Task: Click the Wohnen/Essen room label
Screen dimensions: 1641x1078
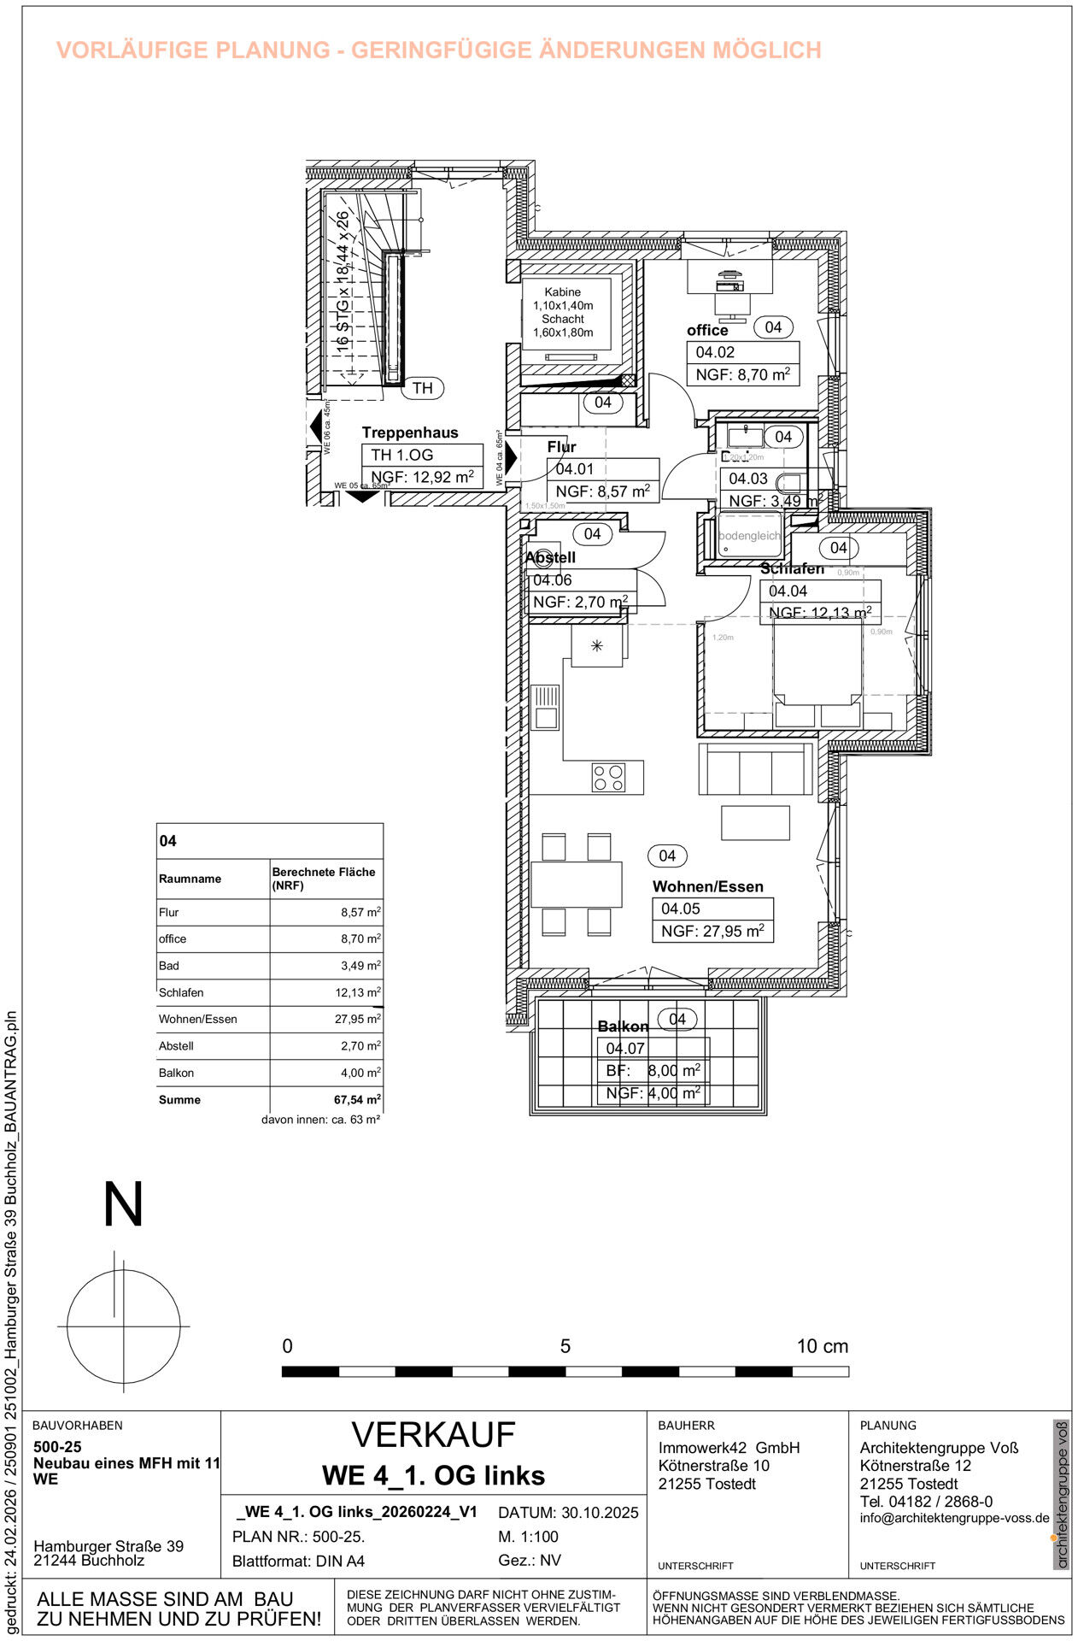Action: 707,886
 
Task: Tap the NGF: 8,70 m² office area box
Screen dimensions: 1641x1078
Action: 742,374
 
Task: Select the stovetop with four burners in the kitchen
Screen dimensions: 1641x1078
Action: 608,777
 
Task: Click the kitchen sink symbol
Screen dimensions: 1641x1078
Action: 546,706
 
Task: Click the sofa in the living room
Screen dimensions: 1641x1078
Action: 755,769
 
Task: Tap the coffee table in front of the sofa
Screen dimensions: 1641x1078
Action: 755,822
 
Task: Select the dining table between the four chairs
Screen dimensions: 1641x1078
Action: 576,884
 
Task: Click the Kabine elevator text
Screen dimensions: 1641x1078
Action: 562,292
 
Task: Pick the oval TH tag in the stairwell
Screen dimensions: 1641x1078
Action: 422,388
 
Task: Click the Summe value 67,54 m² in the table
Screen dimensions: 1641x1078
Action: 357,1100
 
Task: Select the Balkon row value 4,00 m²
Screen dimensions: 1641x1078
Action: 360,1073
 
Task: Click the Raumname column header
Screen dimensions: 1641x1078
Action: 190,879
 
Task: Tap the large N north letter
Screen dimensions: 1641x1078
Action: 123,1205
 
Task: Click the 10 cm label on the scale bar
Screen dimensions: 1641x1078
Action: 822,1347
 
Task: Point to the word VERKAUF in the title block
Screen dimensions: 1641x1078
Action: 433,1435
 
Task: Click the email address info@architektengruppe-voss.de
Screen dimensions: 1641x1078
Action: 954,1519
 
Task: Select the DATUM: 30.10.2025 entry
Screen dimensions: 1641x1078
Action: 568,1513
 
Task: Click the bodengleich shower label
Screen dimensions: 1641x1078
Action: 749,536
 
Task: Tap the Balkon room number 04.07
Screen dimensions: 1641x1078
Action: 625,1049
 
